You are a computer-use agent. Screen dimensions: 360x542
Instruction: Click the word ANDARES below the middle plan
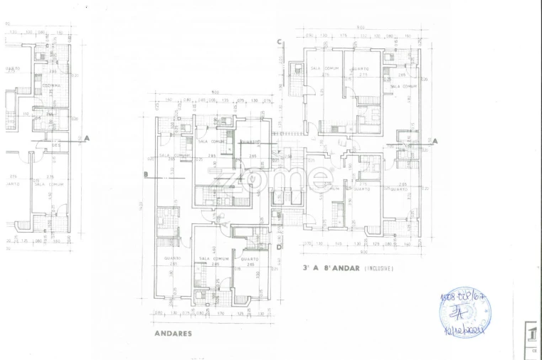pyautogui.click(x=173, y=332)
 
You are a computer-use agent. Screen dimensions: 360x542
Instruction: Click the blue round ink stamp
pyautogui.click(x=465, y=312)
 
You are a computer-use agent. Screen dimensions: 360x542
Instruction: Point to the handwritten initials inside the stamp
pyautogui.click(x=464, y=312)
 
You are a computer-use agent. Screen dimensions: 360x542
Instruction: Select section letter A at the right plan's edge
pyautogui.click(x=435, y=141)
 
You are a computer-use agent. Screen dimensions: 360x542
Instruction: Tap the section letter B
pyautogui.click(x=145, y=174)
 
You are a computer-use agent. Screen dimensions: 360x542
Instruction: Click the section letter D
pyautogui.click(x=280, y=247)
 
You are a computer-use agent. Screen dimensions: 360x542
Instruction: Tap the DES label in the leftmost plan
pyautogui.click(x=55, y=144)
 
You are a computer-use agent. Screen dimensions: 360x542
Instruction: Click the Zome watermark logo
pyautogui.click(x=274, y=178)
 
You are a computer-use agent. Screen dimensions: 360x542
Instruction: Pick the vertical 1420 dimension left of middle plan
pyautogui.click(x=142, y=206)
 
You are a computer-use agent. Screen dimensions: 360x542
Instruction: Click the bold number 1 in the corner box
pyautogui.click(x=531, y=332)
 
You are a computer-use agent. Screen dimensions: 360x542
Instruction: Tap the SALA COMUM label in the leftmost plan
pyautogui.click(x=49, y=184)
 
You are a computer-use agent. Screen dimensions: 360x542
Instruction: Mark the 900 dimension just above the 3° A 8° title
pyautogui.click(x=363, y=251)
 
